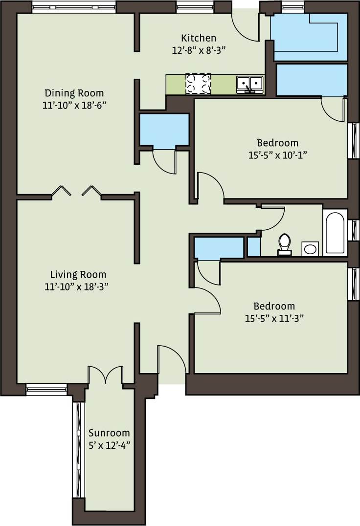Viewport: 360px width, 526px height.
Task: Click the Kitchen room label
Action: coord(198,38)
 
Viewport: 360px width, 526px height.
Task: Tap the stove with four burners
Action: coord(198,84)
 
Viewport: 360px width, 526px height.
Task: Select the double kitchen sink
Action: coord(249,84)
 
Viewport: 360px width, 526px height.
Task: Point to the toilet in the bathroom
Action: coord(284,244)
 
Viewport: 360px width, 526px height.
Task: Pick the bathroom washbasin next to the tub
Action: coord(310,249)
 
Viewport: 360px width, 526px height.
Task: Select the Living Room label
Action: coord(78,275)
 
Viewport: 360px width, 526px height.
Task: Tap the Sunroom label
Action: coord(109,433)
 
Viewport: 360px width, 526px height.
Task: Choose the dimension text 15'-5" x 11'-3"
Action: coord(274,318)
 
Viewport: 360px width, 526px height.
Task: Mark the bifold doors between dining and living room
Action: coord(76,192)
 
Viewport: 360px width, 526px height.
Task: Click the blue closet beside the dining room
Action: coord(164,130)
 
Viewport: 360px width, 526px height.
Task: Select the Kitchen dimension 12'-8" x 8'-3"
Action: coord(198,50)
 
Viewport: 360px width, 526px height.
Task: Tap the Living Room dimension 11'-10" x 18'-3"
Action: coord(76,287)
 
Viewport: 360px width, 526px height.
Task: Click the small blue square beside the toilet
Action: coord(253,247)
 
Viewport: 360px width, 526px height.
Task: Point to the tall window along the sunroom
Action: coord(76,450)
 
